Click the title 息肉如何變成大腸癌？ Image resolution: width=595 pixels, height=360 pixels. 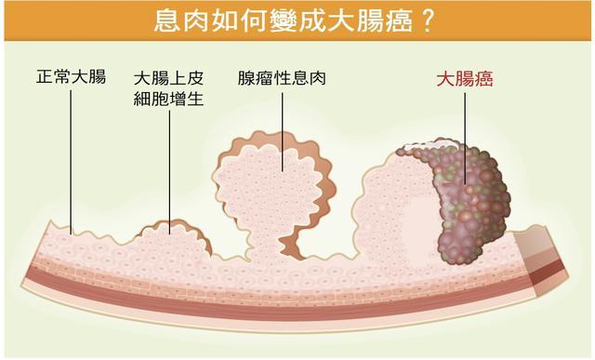(297, 20)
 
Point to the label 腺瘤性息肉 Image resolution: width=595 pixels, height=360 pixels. (281, 78)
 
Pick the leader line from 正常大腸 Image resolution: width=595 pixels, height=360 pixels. (71, 158)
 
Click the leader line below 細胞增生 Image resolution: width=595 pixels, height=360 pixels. (170, 167)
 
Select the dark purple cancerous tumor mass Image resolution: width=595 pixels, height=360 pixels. (469, 200)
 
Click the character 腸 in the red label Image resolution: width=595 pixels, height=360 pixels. (465, 79)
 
